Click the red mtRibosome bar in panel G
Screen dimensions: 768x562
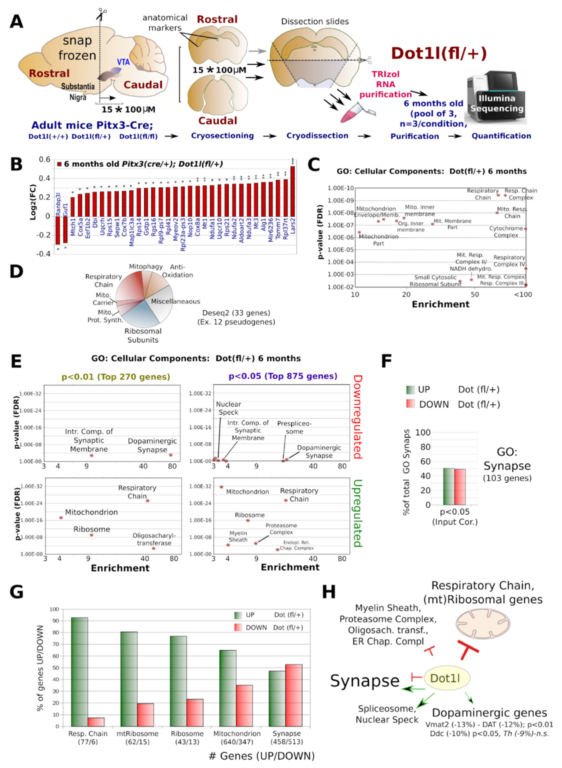(145, 714)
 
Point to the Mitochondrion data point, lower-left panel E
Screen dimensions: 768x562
(61, 518)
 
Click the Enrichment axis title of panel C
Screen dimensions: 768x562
(441, 304)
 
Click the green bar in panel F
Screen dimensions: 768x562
(449, 486)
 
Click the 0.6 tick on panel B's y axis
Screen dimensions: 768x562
(44, 160)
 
